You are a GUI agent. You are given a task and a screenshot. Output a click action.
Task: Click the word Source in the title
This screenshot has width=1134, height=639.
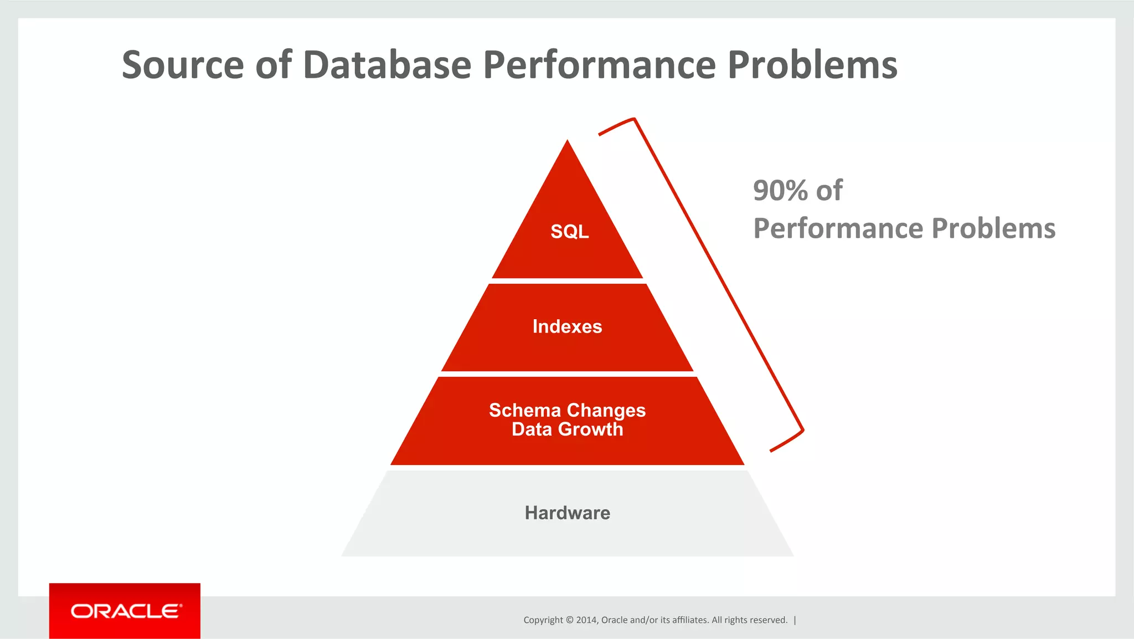183,65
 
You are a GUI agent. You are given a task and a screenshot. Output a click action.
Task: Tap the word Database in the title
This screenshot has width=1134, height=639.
387,65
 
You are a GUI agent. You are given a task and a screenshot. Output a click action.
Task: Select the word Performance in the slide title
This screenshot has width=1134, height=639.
600,65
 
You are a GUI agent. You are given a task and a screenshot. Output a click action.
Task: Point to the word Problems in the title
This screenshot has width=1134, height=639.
812,65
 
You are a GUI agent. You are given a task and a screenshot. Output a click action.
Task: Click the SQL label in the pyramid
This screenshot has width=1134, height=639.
569,232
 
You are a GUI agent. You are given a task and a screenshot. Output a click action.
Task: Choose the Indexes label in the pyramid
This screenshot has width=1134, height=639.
567,326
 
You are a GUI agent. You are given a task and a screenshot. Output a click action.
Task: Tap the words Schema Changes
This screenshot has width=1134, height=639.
567,410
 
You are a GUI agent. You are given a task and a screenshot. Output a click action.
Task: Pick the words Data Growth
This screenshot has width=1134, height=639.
567,430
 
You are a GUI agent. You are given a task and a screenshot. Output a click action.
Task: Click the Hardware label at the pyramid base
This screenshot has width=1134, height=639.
567,513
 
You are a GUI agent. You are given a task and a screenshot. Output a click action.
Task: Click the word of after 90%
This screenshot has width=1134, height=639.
829,191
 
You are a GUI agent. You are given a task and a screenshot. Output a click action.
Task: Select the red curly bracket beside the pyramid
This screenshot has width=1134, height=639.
720,277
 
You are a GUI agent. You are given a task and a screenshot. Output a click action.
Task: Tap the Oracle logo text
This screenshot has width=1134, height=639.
126,611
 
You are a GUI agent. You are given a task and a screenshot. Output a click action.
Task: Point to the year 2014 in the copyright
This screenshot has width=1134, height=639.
586,620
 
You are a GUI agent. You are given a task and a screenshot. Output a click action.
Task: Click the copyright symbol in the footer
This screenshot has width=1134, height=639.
569,620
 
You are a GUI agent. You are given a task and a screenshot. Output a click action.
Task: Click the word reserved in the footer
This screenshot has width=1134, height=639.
770,620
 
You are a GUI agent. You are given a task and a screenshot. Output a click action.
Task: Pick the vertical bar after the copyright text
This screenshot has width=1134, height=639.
795,620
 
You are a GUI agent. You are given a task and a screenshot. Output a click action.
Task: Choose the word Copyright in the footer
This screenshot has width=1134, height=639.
543,620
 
